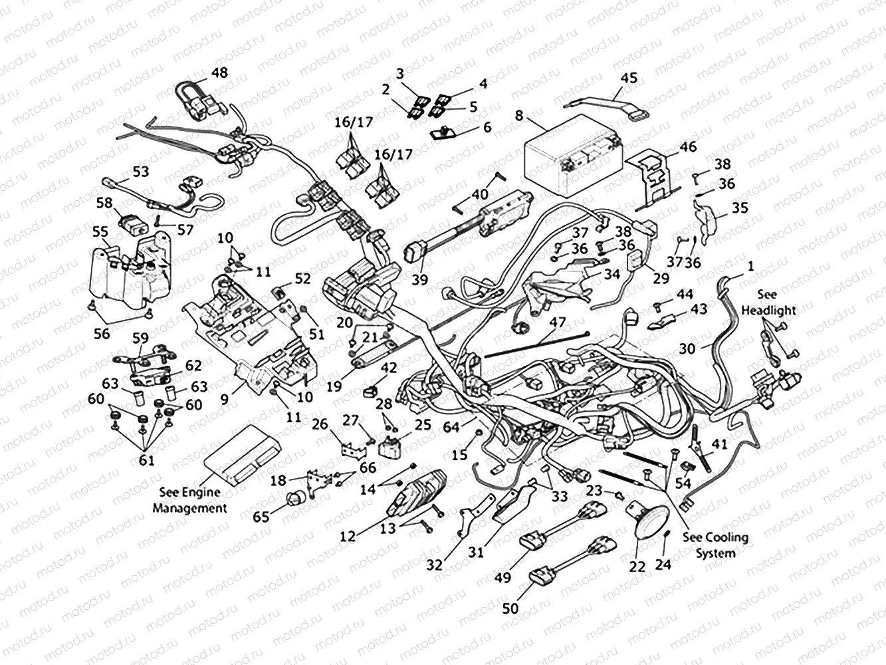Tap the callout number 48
pos(218,72)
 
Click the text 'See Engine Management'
pos(193,501)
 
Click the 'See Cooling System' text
pos(715,545)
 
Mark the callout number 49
pos(502,577)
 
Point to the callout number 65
pos(261,517)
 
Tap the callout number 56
pos(102,334)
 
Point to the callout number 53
pos(140,172)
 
